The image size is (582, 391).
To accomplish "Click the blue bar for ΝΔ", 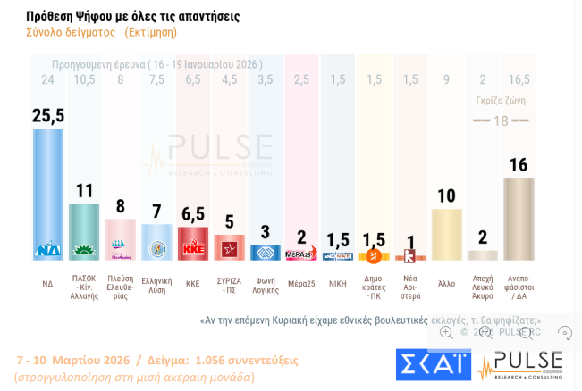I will pos(48,192).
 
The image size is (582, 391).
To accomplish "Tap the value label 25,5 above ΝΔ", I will pos(48,115).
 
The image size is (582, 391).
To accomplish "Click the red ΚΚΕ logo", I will pos(193,249).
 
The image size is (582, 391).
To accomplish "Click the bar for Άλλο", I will pos(446,234).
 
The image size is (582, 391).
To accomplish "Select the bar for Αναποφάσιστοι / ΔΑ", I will pos(519,219).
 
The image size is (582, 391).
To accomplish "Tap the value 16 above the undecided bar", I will pos(519,165).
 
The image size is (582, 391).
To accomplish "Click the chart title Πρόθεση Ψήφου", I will pos(132,16).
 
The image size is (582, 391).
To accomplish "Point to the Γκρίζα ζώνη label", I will pos(500,101).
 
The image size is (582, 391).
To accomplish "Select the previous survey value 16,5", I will pos(519,80).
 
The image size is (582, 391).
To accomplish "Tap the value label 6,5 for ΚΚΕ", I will pos(193,214).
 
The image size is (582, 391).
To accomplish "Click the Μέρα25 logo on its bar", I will pos(301,254).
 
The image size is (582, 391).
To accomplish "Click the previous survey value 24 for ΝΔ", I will pos(47,80).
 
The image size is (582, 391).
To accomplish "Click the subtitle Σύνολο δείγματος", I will pos(71,32).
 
